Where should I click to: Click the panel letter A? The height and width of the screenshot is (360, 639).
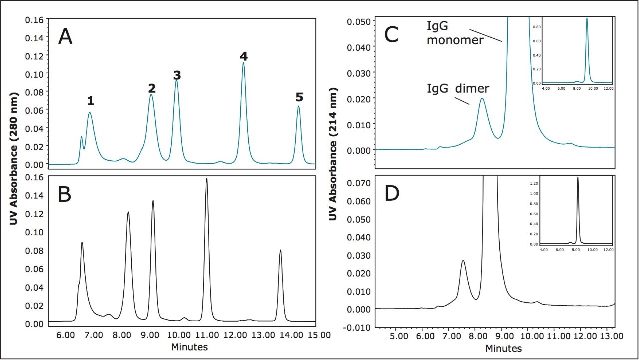coord(65,37)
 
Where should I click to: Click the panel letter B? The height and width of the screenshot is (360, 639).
coord(65,195)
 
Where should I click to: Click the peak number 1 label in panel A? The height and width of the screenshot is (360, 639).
coord(90,101)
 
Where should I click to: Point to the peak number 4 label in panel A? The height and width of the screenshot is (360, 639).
coord(244,56)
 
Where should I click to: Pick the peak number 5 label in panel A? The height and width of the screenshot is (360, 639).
coord(299,96)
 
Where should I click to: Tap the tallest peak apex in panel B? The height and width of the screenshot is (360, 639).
coord(206,179)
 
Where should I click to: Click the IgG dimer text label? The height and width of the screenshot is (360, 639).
coord(458,89)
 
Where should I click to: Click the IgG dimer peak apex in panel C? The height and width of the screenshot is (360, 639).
coord(482,99)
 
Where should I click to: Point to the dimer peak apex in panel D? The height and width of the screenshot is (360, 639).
coord(463,261)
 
